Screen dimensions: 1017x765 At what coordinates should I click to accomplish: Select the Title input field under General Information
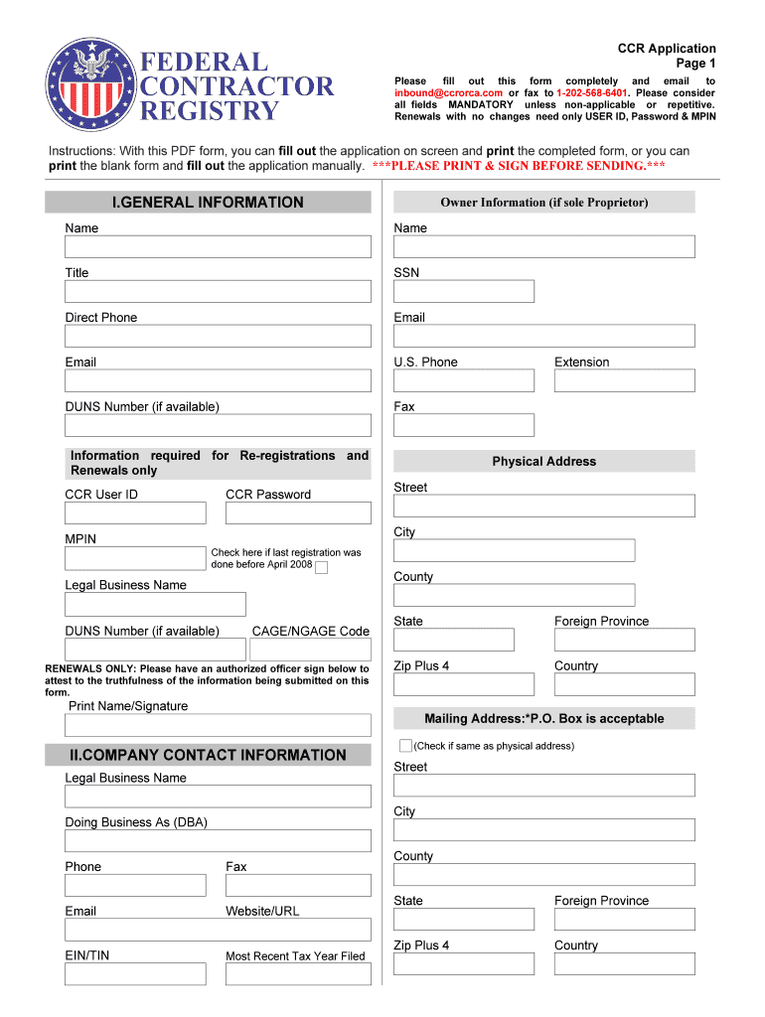pyautogui.click(x=218, y=291)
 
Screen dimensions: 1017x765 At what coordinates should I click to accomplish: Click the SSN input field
pyautogui.click(x=463, y=291)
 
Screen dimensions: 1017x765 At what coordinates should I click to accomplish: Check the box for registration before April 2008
pyautogui.click(x=321, y=567)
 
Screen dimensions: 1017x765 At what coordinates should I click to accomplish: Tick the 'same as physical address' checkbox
pyautogui.click(x=405, y=745)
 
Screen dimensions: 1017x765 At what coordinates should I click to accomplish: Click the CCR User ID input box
pyautogui.click(x=135, y=513)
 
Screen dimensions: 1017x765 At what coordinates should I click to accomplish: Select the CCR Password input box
pyautogui.click(x=298, y=513)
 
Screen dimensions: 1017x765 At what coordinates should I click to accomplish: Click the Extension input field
pyautogui.click(x=624, y=380)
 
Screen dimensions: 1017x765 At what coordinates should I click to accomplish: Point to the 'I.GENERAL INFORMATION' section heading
pyautogui.click(x=208, y=203)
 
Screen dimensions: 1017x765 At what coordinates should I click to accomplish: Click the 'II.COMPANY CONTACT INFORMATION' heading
pyautogui.click(x=208, y=755)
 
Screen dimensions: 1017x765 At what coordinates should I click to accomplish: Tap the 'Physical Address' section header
pyautogui.click(x=543, y=462)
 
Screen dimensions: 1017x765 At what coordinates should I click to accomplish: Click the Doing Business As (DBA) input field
pyautogui.click(x=218, y=841)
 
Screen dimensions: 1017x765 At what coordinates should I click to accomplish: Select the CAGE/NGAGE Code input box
pyautogui.click(x=309, y=650)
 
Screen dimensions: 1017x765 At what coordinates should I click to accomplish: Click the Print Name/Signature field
pyautogui.click(x=218, y=725)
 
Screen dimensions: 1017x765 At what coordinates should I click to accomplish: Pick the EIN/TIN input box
pyautogui.click(x=135, y=973)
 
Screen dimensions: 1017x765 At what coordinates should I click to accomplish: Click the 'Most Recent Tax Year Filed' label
pyautogui.click(x=295, y=956)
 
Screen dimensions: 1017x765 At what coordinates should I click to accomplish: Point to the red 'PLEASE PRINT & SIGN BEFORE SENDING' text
pyautogui.click(x=519, y=166)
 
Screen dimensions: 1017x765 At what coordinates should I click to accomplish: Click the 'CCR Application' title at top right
pyautogui.click(x=666, y=49)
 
